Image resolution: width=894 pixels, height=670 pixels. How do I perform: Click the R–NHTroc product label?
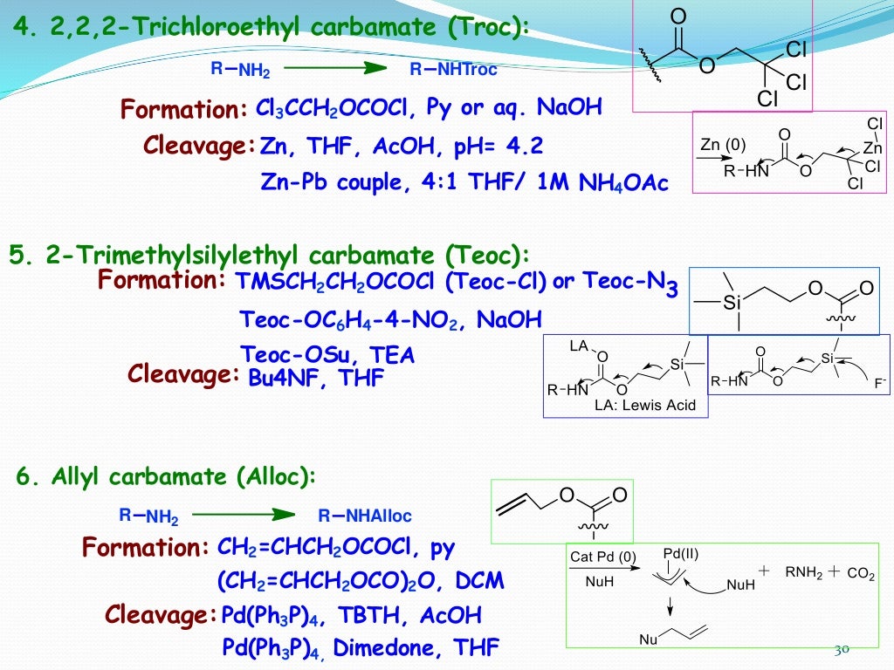click(x=454, y=70)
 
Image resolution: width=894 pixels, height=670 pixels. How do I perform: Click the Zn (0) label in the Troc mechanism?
click(x=723, y=144)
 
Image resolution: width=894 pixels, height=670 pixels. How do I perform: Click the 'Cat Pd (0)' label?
click(x=604, y=557)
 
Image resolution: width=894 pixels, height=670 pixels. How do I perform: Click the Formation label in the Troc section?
click(x=184, y=110)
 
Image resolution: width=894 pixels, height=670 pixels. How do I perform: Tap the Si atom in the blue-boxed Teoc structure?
click(x=732, y=303)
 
